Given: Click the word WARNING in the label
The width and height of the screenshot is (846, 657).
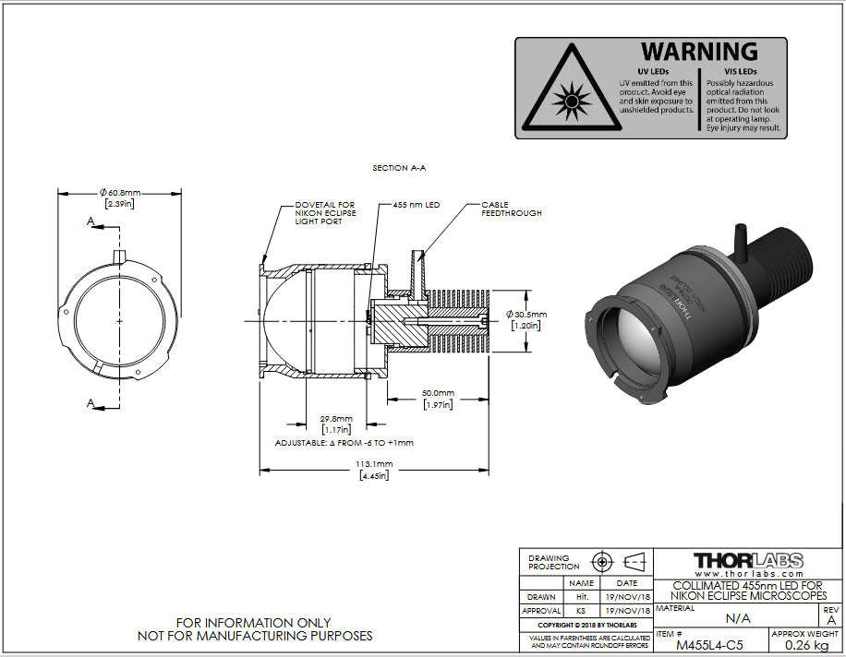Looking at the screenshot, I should [700, 52].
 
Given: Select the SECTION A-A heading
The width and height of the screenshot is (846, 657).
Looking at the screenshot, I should [399, 168].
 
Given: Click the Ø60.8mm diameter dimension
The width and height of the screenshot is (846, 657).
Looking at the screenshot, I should [120, 193].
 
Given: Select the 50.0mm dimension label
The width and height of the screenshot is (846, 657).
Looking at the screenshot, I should [437, 392].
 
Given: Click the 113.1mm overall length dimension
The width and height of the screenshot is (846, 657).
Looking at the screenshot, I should [374, 463].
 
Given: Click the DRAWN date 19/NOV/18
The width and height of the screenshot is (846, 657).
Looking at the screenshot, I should [627, 597].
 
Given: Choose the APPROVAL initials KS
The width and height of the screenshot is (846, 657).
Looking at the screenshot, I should [581, 611].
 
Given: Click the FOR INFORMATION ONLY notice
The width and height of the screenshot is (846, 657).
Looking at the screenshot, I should [254, 623].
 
